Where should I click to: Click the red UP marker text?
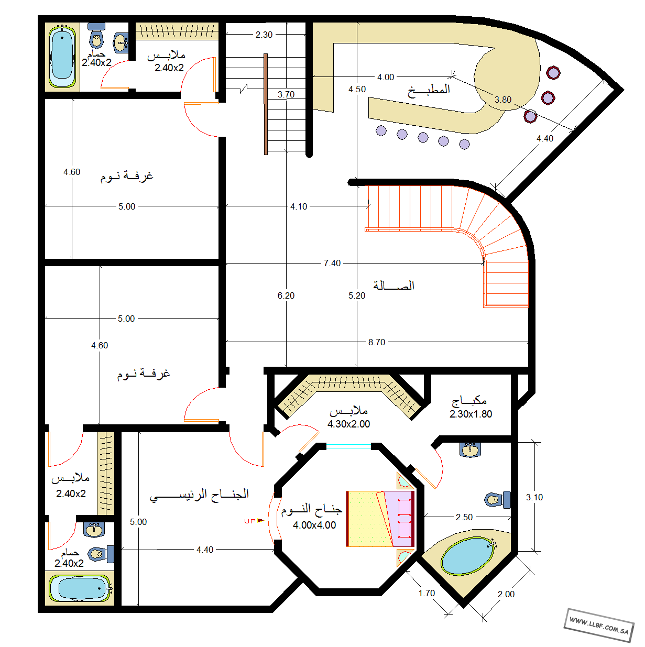(250, 521)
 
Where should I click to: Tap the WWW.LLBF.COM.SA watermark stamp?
(599, 625)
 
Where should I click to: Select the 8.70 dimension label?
(377, 342)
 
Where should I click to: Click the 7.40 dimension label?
(332, 263)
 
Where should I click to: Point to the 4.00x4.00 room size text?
(314, 525)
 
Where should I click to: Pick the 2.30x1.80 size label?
(471, 414)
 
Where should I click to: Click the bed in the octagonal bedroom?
(380, 519)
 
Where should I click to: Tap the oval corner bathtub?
(468, 556)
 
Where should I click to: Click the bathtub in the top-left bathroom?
(62, 56)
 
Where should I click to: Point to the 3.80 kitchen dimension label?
(503, 100)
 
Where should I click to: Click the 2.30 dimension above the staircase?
(264, 35)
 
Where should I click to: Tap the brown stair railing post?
(266, 104)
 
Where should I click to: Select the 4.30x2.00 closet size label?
(349, 424)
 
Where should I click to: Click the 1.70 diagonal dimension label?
(427, 593)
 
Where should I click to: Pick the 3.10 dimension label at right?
(534, 497)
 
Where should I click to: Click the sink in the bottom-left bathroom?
(94, 530)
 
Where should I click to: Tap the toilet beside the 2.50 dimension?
(498, 500)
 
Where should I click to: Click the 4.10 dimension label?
(299, 206)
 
